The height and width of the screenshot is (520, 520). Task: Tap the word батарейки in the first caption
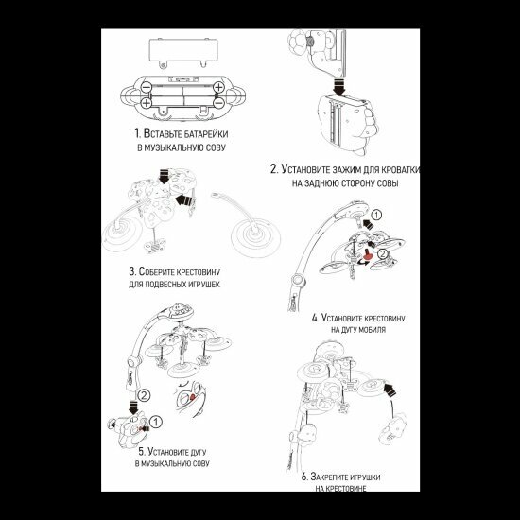205,134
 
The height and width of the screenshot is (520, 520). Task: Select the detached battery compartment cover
183,52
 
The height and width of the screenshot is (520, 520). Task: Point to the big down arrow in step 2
339,86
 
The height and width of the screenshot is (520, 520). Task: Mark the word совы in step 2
388,183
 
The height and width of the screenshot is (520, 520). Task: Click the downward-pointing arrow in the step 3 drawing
164,176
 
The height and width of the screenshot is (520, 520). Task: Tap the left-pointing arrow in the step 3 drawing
183,199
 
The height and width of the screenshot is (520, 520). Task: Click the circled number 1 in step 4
376,215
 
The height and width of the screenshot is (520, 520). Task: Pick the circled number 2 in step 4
383,254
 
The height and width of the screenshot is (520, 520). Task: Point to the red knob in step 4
367,254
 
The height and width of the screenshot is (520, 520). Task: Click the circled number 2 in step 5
144,395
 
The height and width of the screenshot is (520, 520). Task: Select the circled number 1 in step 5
156,423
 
